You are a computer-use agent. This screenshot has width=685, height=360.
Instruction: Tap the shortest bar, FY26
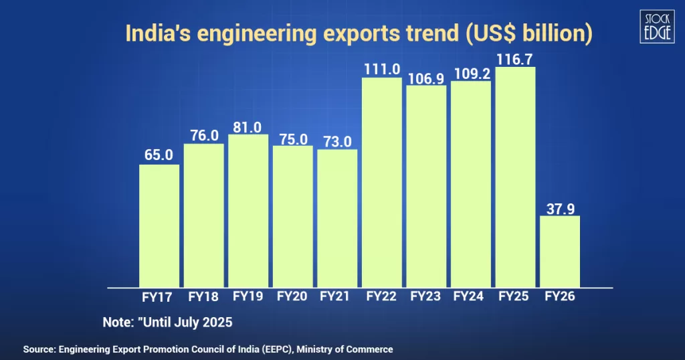(560, 252)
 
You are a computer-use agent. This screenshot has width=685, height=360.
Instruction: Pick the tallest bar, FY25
(515, 177)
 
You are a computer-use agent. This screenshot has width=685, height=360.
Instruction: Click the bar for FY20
(293, 217)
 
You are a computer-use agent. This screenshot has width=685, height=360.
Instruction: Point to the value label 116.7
(515, 58)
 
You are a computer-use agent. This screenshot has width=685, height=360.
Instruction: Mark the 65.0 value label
(159, 155)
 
